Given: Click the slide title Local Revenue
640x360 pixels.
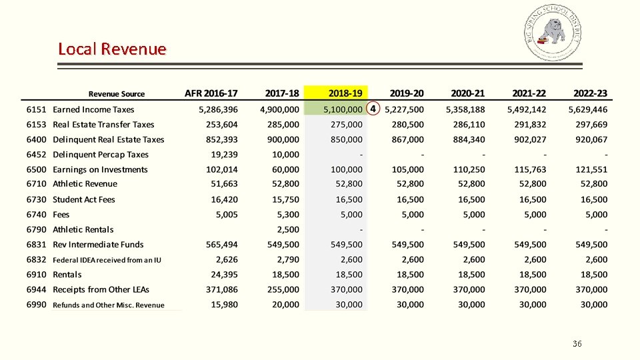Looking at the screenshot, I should click(x=112, y=49).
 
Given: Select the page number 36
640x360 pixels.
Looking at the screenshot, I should click(x=577, y=344).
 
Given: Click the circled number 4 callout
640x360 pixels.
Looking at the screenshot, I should click(x=373, y=109).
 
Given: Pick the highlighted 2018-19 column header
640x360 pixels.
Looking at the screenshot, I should click(x=345, y=93).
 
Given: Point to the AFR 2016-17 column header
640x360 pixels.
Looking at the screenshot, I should click(x=211, y=93).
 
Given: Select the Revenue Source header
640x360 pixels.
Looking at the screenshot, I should click(x=117, y=94).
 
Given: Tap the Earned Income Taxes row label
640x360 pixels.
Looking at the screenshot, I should click(x=93, y=109).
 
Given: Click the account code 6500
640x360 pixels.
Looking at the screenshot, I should click(x=37, y=169).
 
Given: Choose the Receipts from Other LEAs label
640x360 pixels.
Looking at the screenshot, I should click(x=101, y=289).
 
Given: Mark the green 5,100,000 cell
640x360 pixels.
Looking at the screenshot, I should click(x=343, y=109).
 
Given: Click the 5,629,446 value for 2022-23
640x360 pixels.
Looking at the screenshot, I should click(x=588, y=109).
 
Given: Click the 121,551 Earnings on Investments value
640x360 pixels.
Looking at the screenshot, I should click(x=592, y=169).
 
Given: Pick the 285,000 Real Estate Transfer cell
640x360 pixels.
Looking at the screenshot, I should click(x=283, y=124).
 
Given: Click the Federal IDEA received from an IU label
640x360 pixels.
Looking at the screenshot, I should click(x=107, y=260).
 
